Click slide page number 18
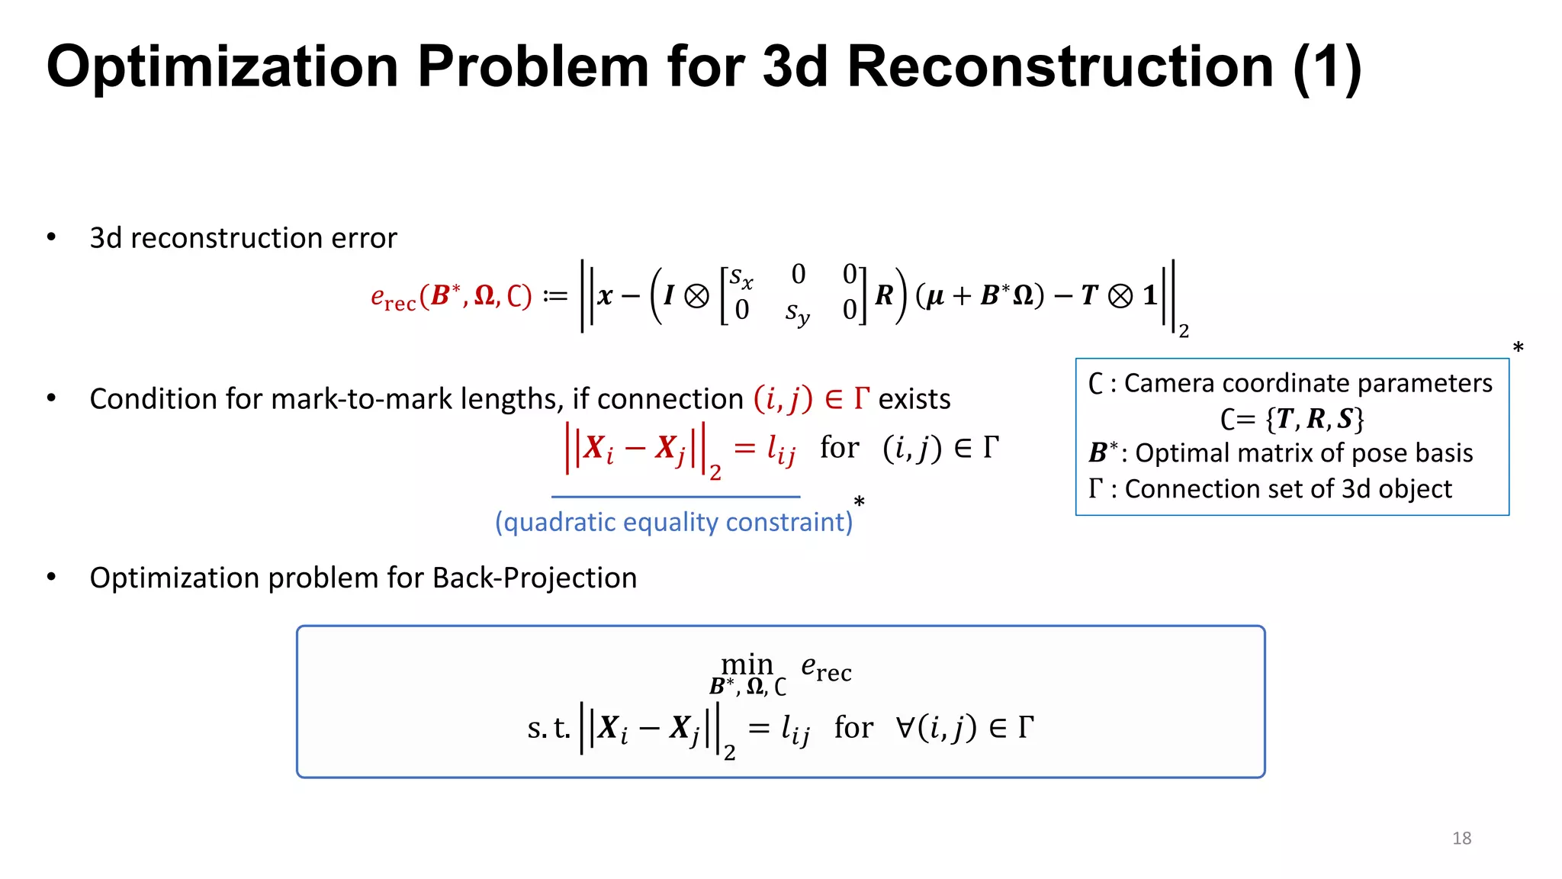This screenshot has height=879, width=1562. [1461, 838]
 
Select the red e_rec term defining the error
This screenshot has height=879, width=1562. [393, 297]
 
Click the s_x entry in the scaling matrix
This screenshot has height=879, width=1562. [741, 277]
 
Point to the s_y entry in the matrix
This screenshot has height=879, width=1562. [797, 312]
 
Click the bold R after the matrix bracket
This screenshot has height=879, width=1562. [884, 295]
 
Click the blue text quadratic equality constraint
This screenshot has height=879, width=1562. [673, 522]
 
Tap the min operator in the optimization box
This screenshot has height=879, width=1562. [747, 665]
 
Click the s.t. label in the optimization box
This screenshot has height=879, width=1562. [548, 728]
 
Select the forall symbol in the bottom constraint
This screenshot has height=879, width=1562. [905, 727]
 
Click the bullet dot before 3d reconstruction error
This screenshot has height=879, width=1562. [51, 237]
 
